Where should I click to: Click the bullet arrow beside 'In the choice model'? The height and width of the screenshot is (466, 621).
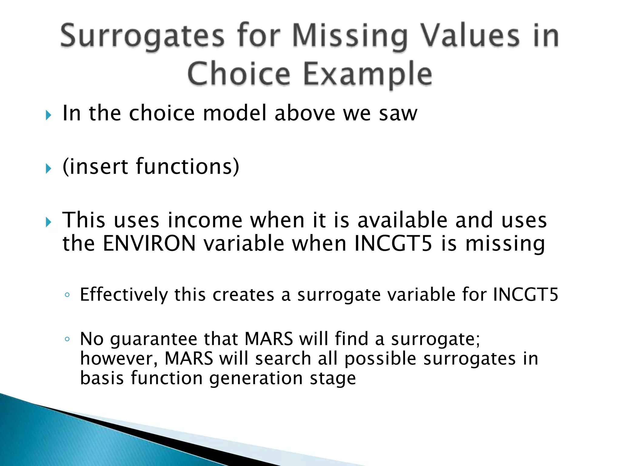tap(49, 115)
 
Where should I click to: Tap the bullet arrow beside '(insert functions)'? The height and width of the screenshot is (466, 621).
tap(49, 169)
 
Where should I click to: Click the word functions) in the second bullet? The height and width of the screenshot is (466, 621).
tap(188, 167)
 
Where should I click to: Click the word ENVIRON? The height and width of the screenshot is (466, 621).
tap(149, 243)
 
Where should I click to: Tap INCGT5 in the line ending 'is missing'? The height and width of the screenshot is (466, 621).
tap(393, 243)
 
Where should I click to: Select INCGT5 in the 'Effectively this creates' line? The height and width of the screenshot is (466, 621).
tap(525, 294)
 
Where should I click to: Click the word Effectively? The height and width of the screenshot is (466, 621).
tap(124, 294)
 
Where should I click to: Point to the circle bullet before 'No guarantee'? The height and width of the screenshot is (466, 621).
tap(67, 339)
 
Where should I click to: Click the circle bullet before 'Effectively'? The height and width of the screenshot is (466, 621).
tap(67, 295)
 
